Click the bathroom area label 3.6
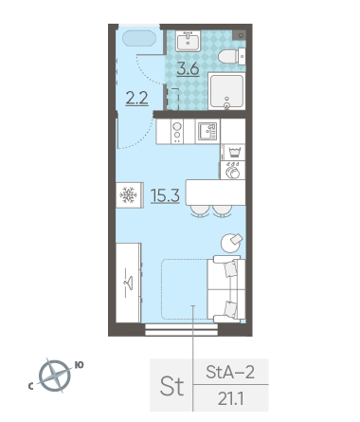click(188, 69)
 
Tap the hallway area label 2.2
click(136, 98)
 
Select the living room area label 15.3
click(165, 195)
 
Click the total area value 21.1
click(231, 399)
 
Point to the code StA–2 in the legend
click(230, 372)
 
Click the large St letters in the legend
click(171, 386)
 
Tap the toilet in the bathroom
click(232, 57)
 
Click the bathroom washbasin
click(188, 41)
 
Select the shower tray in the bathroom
click(226, 91)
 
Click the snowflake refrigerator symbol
click(130, 195)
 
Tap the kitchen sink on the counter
click(207, 131)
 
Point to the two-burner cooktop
click(177, 132)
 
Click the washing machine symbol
click(233, 171)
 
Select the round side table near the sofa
click(231, 243)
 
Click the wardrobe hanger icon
click(128, 283)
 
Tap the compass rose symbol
click(55, 376)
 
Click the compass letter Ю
click(79, 365)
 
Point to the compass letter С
click(31, 386)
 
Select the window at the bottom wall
click(181, 329)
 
